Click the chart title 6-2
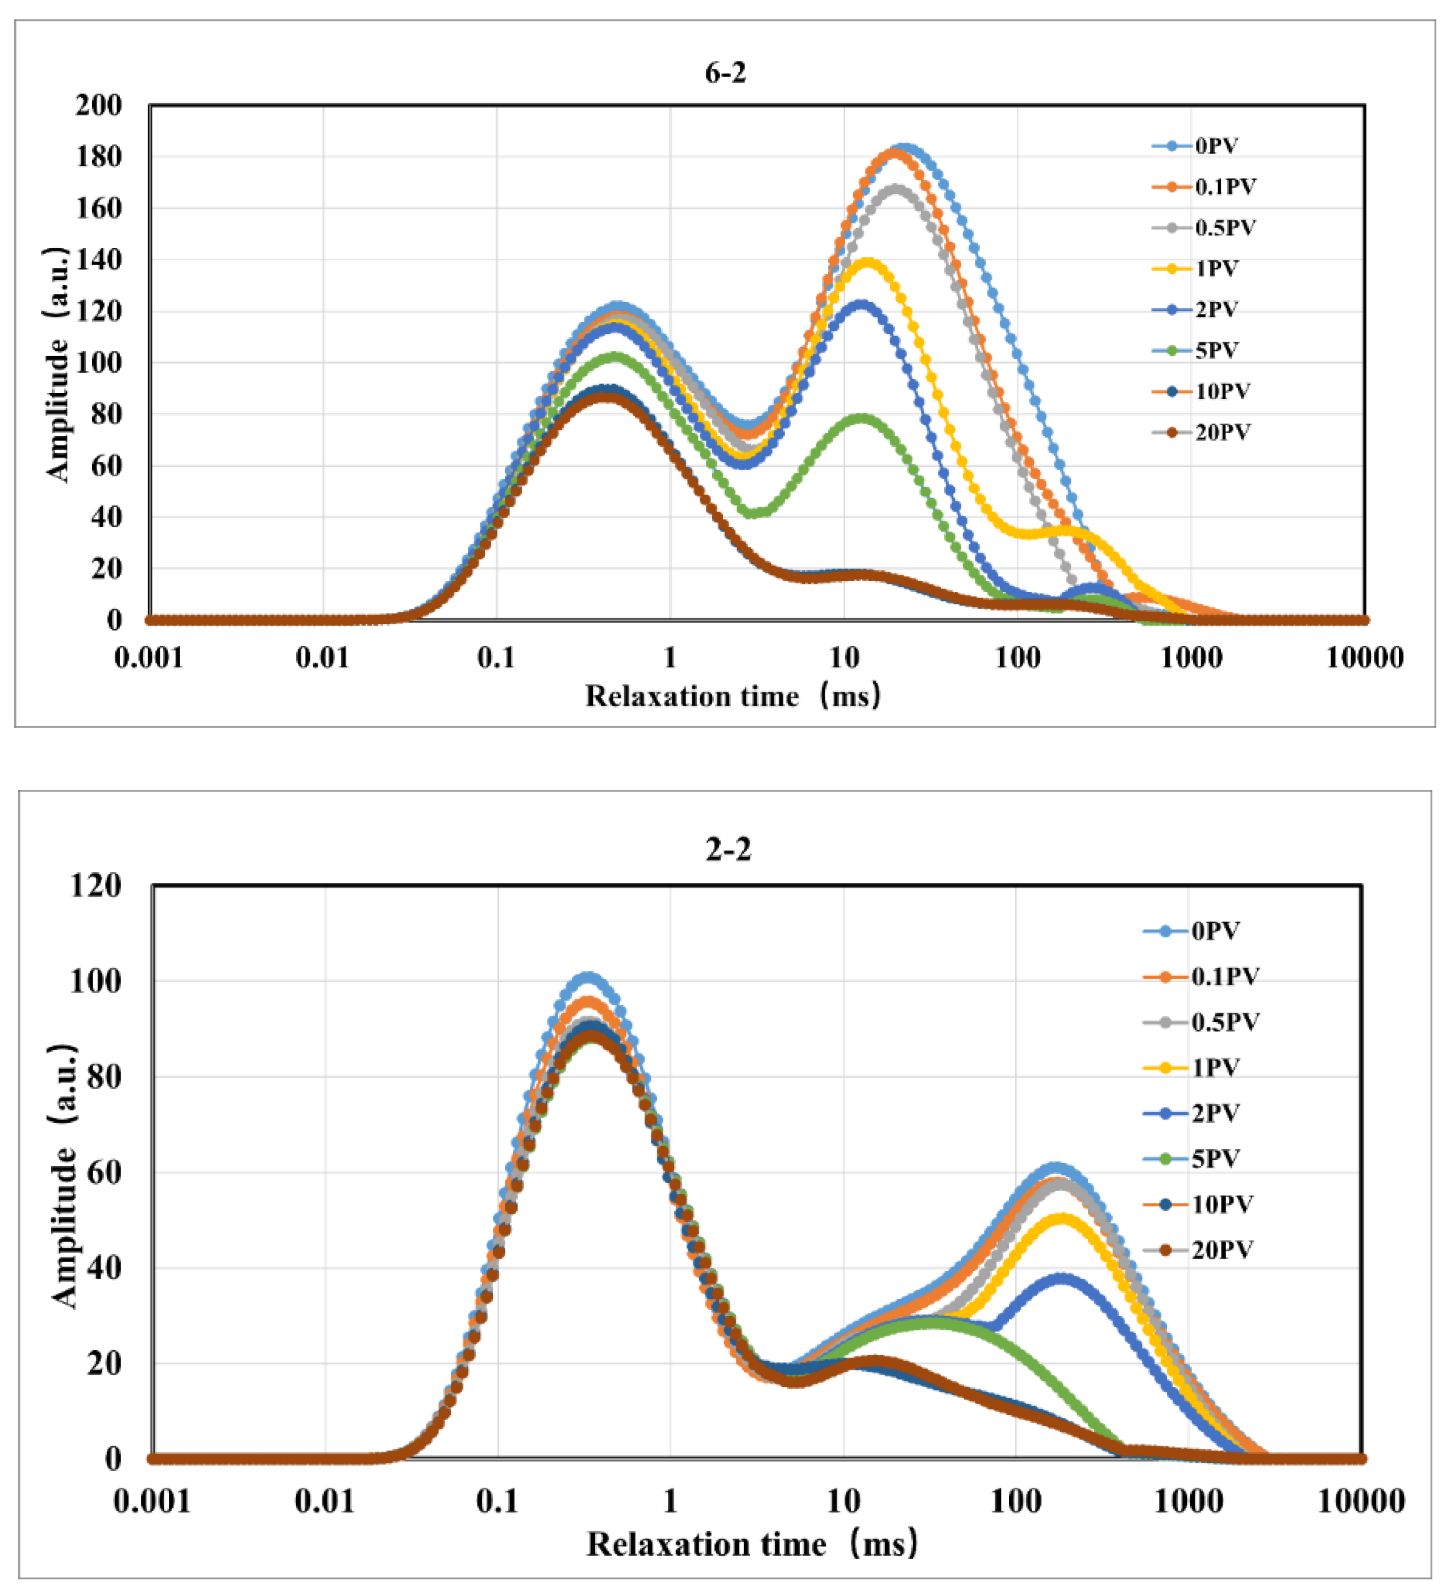(725, 73)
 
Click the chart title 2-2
(728, 849)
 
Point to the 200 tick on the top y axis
(99, 105)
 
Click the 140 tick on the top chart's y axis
(99, 259)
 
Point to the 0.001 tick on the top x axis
(149, 657)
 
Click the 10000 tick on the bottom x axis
(1361, 1500)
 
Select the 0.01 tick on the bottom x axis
(325, 1500)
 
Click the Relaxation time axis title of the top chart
(733, 696)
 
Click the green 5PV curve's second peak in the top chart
(861, 417)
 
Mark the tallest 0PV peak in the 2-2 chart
(588, 978)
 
